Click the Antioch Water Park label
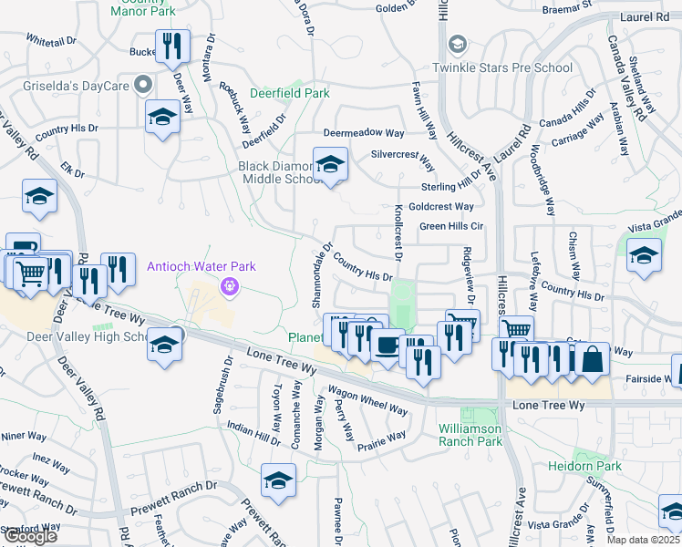coord(201,266)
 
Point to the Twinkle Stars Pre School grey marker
coord(457,45)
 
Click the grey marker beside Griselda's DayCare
coord(142,87)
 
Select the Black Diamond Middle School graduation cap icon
coord(330,165)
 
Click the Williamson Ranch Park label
coord(470,434)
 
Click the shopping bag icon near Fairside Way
coord(592,360)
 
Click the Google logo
coord(30,536)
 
